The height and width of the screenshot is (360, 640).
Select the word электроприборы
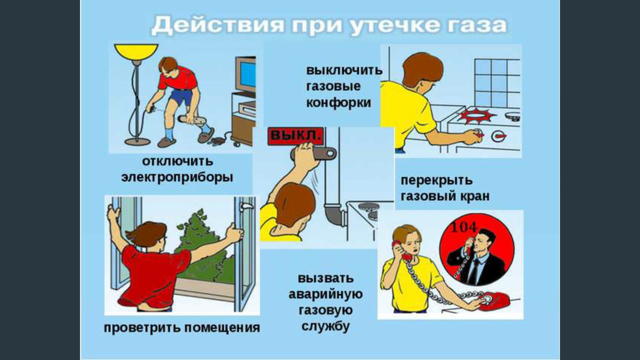[x=177, y=177]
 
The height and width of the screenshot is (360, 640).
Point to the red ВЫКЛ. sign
[x=296, y=135]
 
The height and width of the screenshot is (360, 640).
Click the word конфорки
[x=338, y=102]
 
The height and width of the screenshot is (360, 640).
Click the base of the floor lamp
[x=137, y=142]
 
